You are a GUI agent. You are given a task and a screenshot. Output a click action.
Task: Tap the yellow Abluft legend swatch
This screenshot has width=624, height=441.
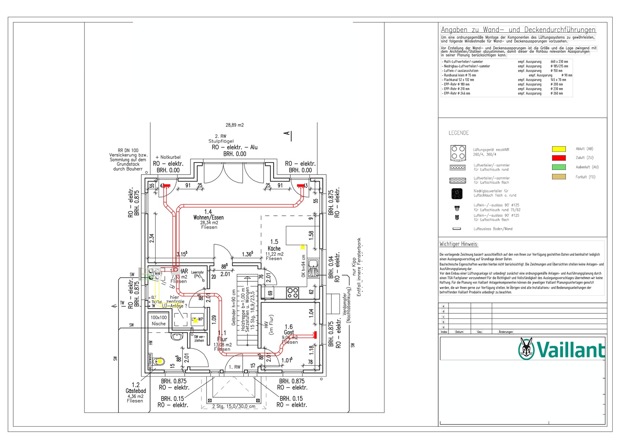coord(559,149)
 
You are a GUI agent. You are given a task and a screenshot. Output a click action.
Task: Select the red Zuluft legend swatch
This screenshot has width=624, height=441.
coord(559,158)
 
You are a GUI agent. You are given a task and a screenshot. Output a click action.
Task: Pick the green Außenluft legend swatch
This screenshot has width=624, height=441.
coord(559,167)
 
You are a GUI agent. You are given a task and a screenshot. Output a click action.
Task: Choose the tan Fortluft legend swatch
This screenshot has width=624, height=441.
coord(559,177)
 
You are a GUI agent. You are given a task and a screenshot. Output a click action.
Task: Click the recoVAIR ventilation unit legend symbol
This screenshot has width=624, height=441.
coord(458,152)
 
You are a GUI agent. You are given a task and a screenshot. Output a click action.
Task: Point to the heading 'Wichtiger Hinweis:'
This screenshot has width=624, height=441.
coord(459,244)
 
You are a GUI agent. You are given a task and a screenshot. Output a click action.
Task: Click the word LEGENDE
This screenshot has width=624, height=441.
coord(458,133)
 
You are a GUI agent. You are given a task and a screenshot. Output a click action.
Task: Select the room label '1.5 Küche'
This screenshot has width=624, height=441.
coord(274,245)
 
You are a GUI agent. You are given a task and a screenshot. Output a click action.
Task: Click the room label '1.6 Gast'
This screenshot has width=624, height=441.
coord(289,329)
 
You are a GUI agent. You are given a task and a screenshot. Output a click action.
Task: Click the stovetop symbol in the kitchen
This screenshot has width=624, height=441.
coord(293,292)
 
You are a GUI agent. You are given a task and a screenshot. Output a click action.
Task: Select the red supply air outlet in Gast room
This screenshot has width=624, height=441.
coord(314,335)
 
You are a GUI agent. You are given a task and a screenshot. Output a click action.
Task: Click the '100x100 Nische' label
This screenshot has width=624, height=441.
coord(159,321)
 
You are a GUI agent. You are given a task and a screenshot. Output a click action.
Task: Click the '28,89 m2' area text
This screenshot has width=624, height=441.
coord(235,125)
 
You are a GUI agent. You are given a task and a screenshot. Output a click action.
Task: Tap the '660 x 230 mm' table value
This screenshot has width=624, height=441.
coord(559,62)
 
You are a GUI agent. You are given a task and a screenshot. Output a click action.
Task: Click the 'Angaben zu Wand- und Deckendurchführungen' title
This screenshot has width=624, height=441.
coord(518,30)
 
